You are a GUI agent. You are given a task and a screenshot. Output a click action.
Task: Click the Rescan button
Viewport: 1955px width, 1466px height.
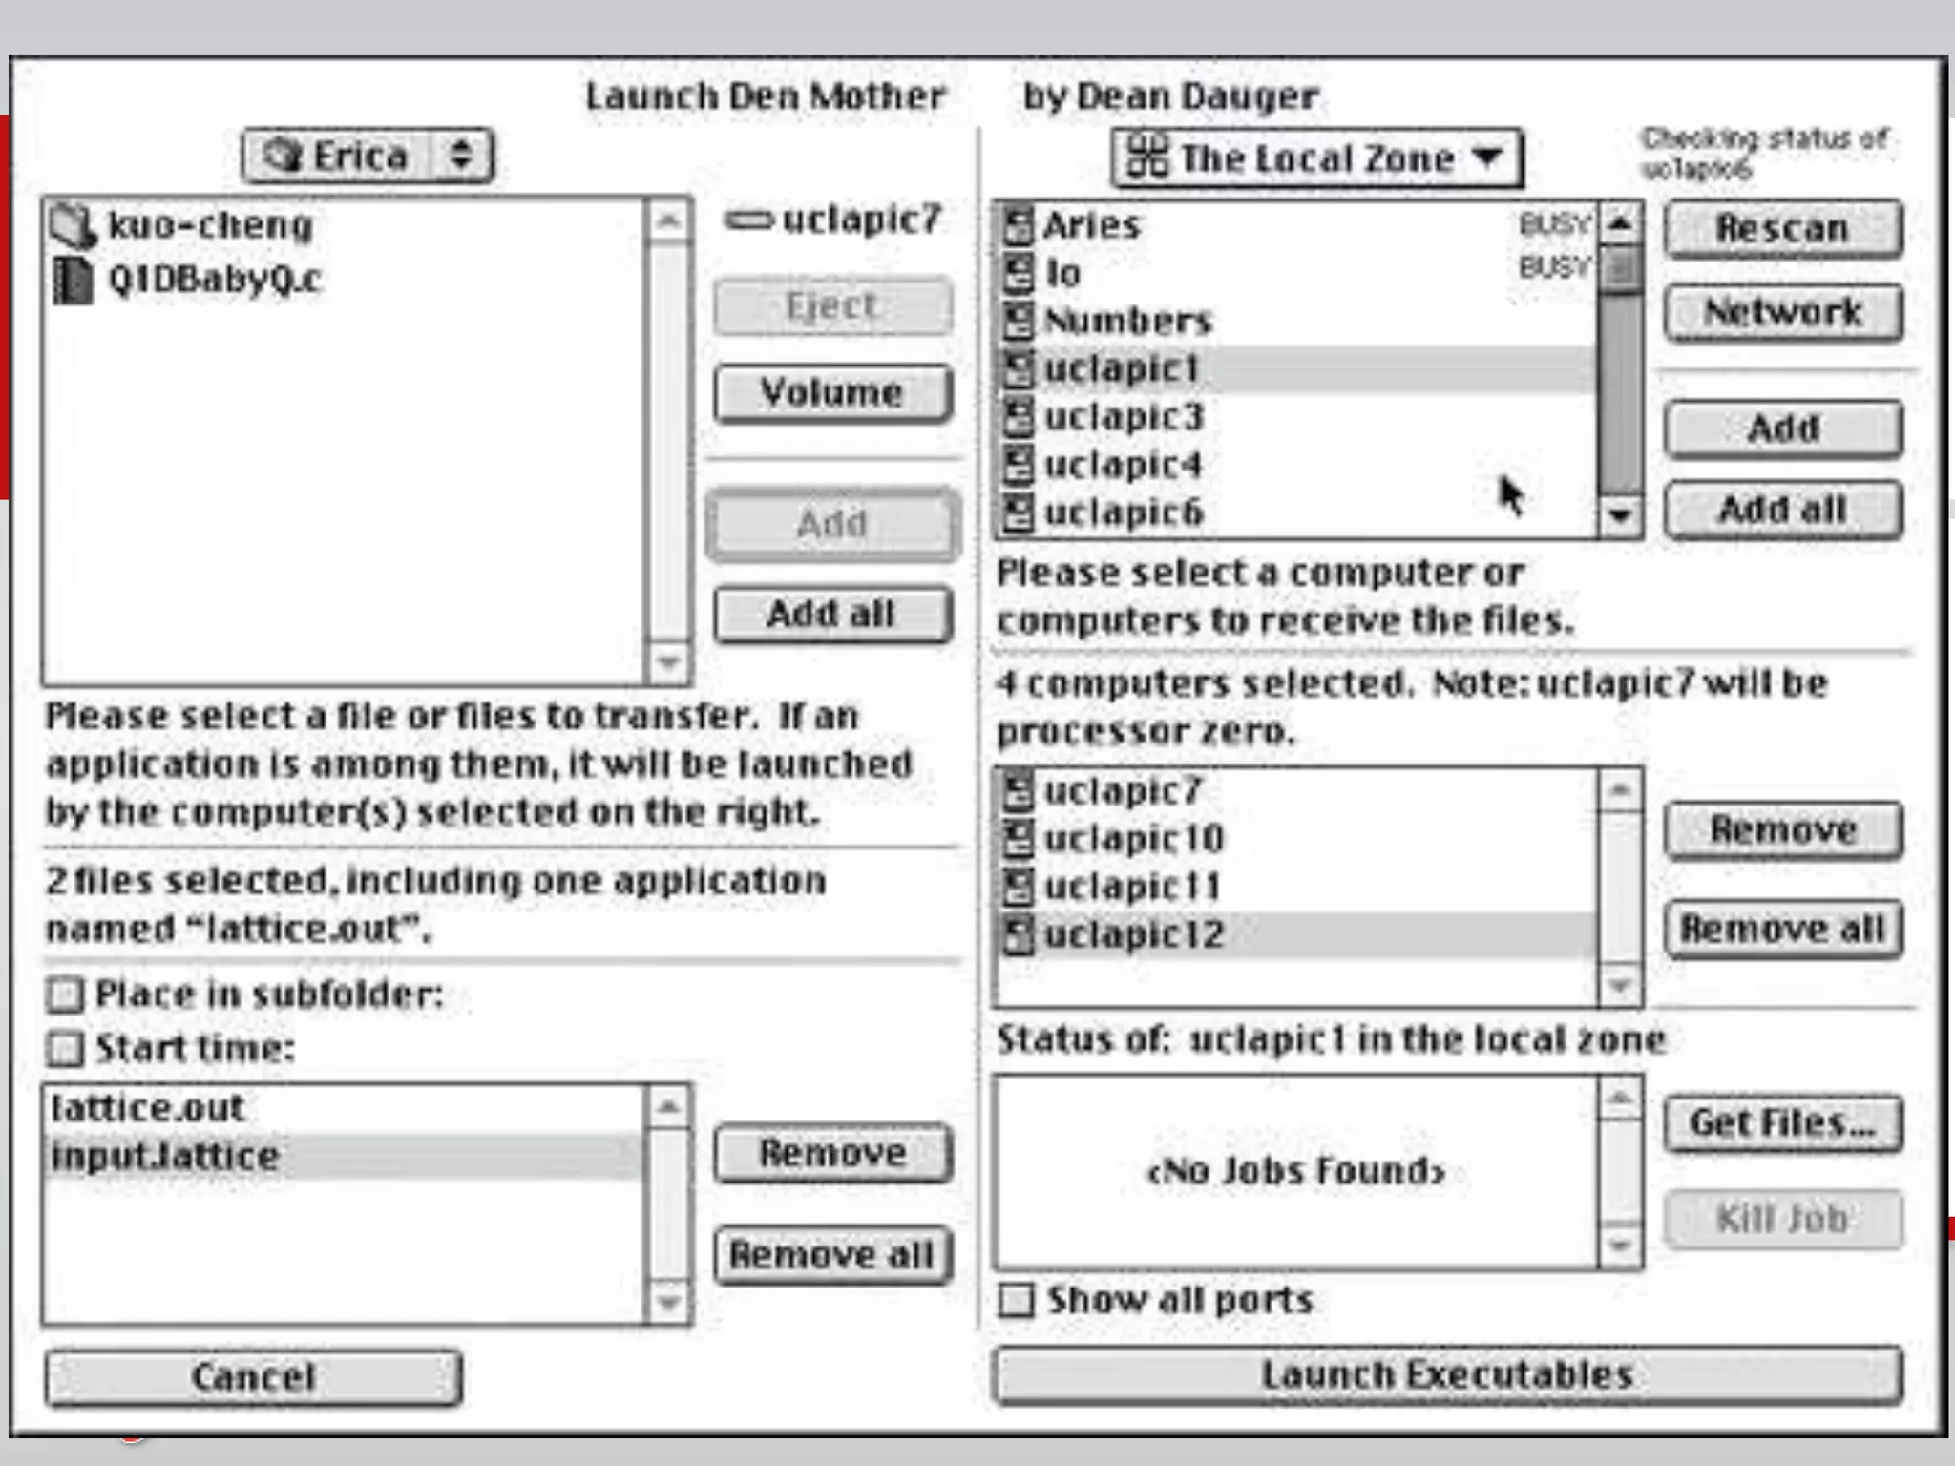coord(1782,229)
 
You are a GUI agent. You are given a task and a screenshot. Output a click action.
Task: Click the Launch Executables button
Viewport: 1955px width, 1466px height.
coord(1447,1374)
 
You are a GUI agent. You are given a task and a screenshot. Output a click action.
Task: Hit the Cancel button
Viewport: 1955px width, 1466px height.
coord(253,1376)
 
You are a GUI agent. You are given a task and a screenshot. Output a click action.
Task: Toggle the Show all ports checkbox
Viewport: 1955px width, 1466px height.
coord(1016,1300)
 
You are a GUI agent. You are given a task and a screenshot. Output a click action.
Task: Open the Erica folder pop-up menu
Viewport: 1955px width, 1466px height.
coord(368,157)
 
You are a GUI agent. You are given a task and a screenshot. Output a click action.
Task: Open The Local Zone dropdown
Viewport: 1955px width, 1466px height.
coord(1316,158)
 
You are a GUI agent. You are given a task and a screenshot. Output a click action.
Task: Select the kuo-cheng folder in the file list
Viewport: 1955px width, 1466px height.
coord(210,225)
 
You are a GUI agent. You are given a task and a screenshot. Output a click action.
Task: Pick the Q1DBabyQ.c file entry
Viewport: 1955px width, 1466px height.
coord(214,280)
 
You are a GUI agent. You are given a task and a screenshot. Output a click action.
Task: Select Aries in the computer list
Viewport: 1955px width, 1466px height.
coord(1092,225)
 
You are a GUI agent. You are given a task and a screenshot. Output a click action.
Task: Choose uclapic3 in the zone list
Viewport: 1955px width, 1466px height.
coord(1124,417)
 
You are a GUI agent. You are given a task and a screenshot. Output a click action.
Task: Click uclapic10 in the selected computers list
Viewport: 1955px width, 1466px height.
coord(1133,839)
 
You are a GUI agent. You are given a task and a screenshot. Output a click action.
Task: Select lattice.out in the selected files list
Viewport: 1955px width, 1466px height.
coord(149,1108)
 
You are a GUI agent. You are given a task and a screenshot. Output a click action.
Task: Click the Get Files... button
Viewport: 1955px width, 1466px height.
coord(1782,1123)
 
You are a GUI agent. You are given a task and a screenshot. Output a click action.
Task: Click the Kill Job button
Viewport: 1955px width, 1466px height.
coord(1782,1219)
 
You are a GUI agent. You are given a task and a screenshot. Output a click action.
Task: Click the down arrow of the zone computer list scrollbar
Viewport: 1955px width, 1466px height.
coord(1619,515)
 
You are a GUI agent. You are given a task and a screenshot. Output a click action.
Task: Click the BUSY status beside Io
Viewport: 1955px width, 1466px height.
coord(1554,267)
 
